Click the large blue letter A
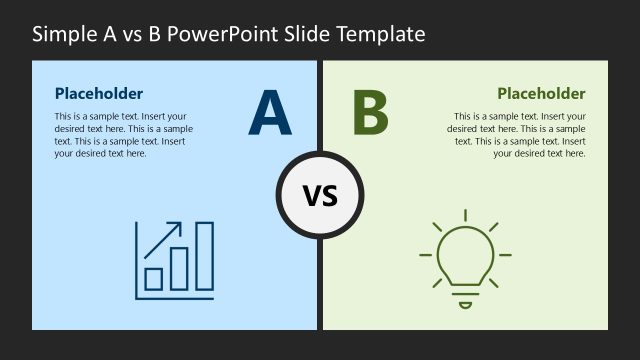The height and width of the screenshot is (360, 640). pos(270,113)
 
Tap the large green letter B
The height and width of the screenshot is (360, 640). pos(370,113)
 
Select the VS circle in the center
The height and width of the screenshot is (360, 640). pos(320,195)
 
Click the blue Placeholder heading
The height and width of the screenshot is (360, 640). pos(99,94)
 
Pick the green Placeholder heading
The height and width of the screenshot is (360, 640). pos(541,94)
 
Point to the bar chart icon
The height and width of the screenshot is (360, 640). pos(175,259)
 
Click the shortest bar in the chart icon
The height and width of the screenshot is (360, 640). pos(155,277)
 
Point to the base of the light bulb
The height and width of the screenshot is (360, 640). pos(465,296)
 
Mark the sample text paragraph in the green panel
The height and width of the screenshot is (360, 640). pos(517,135)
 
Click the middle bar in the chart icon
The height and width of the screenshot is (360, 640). pos(179,268)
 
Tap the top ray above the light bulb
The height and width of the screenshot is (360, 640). pos(465,215)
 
